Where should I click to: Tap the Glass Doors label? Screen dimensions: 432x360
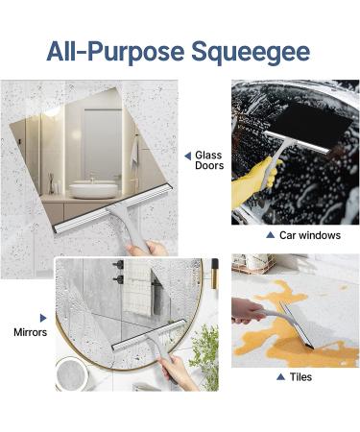(209, 159)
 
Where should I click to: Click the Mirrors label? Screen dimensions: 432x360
(30, 332)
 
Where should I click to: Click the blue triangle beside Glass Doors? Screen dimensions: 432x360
(187, 155)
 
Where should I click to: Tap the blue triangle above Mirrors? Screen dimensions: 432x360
(42, 317)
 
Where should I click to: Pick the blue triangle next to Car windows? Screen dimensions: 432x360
(271, 235)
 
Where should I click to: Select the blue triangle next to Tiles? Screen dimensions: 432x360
(280, 377)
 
